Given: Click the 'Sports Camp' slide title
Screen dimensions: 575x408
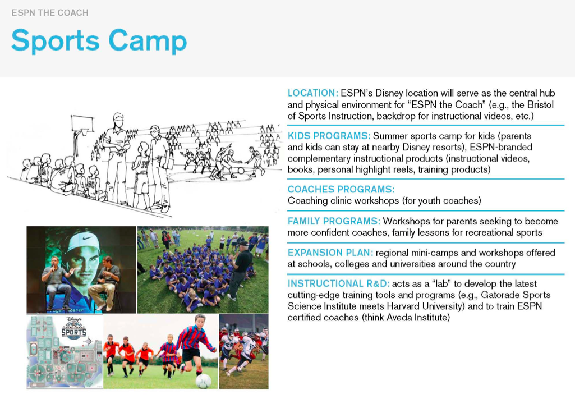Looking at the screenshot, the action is [x=99, y=41].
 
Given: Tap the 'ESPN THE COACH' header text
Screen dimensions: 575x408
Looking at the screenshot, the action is [x=50, y=13].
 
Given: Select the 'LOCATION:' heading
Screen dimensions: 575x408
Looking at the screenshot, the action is [x=313, y=93].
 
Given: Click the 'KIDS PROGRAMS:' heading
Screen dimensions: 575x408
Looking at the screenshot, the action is [x=329, y=136].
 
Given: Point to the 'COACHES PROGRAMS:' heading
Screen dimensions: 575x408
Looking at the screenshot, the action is [x=341, y=189].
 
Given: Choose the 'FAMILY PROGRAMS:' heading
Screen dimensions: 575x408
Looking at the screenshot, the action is [x=334, y=221].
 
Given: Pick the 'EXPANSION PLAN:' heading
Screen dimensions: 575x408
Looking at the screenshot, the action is [x=330, y=253].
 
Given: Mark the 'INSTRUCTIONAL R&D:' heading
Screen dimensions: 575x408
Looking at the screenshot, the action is [x=338, y=283].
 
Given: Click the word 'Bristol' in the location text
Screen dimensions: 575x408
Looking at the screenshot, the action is [x=540, y=105].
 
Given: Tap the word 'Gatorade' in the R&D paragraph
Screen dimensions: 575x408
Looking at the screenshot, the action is [x=498, y=295].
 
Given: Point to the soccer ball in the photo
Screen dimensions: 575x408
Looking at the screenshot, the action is [x=203, y=381].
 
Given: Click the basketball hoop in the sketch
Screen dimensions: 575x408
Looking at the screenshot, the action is [x=82, y=125].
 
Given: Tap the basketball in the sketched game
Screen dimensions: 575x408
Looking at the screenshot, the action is [x=241, y=171].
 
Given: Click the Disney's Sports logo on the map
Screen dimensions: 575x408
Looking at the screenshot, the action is [x=73, y=328].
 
